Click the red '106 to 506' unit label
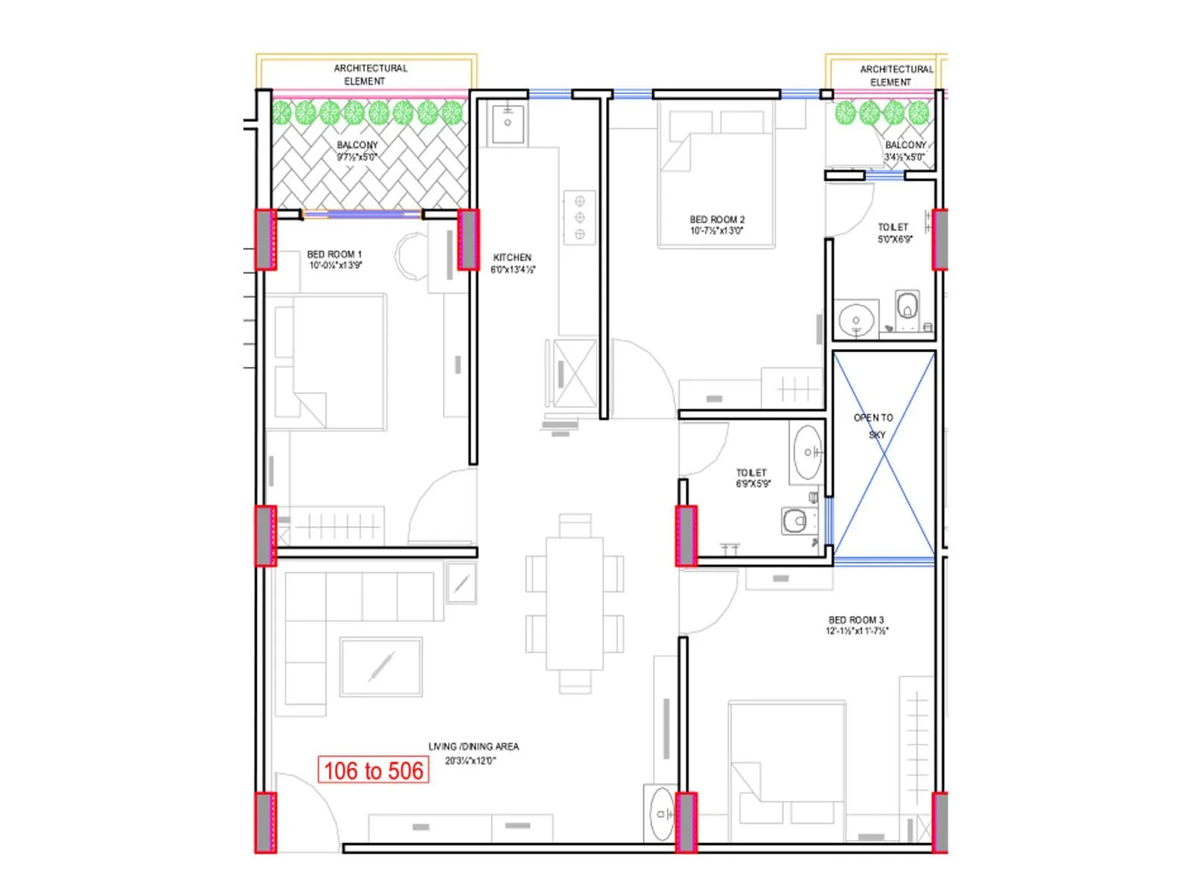[x=374, y=770]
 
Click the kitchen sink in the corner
[x=508, y=124]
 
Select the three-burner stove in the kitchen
[x=579, y=217]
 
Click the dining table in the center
[x=575, y=604]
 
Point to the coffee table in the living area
[x=381, y=666]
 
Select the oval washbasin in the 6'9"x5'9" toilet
[x=808, y=452]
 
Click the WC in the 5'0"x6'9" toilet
[x=907, y=306]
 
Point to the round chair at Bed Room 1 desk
[x=411, y=257]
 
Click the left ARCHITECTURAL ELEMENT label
[x=370, y=74]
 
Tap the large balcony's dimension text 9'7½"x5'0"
[x=357, y=157]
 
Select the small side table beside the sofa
[x=462, y=582]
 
